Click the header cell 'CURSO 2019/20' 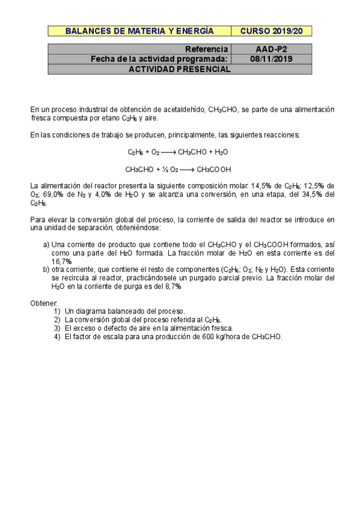tap(271, 31)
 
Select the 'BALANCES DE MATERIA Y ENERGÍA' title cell tap(139, 31)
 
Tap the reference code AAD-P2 tap(271, 49)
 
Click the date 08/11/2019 tap(271, 59)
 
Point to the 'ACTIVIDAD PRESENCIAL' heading tap(180, 69)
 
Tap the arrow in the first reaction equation tap(168, 152)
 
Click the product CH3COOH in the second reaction tap(214, 170)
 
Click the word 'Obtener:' tap(42, 304)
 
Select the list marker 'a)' tap(46, 245)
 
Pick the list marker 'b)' tap(46, 270)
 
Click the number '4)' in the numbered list tap(57, 337)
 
